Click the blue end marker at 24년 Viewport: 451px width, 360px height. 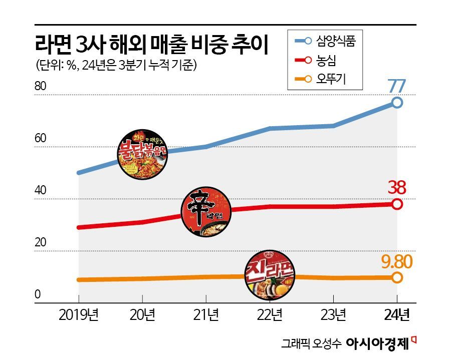[x=397, y=102]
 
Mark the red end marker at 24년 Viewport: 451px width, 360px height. [x=397, y=204]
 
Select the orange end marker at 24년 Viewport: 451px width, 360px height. [x=397, y=277]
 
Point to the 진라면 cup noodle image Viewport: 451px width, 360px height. [x=270, y=276]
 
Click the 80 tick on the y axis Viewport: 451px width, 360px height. [x=40, y=86]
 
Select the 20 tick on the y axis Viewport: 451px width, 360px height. [x=40, y=243]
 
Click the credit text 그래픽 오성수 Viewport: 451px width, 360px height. [x=311, y=344]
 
